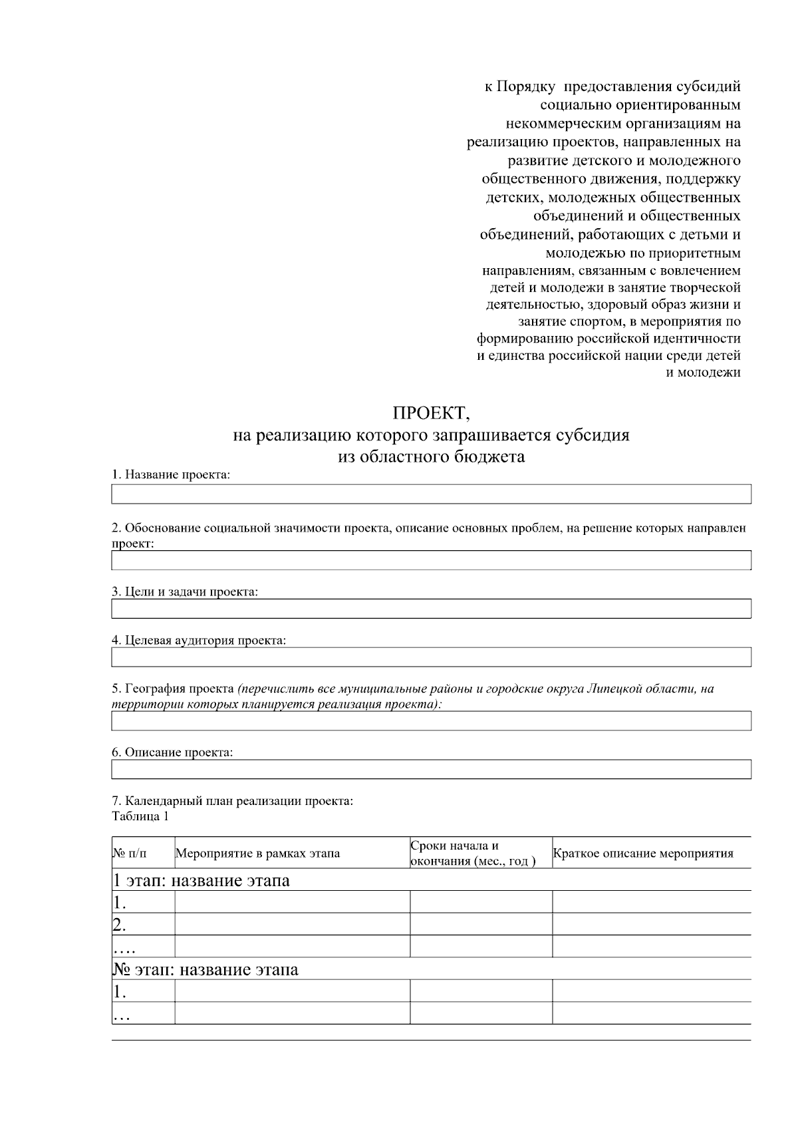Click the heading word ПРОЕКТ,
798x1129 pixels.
click(x=431, y=413)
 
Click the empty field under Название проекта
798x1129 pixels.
click(x=431, y=494)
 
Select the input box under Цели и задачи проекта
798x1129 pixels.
click(x=431, y=609)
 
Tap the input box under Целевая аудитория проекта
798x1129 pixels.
click(x=431, y=657)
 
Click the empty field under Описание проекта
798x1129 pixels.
click(x=431, y=770)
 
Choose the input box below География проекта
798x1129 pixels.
click(x=431, y=721)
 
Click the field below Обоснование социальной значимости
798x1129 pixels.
click(x=431, y=560)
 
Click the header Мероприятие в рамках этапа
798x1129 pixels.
click(x=257, y=854)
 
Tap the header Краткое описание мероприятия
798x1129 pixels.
click(x=643, y=854)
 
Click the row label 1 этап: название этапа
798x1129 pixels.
click(x=201, y=881)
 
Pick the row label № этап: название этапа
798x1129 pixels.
click(x=205, y=969)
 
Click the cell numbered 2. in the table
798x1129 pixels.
click(x=120, y=925)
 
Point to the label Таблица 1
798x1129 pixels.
click(x=140, y=816)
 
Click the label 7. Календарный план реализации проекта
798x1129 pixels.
click(x=233, y=801)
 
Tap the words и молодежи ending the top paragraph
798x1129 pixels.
click(x=703, y=373)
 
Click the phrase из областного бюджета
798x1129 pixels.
click(x=431, y=457)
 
